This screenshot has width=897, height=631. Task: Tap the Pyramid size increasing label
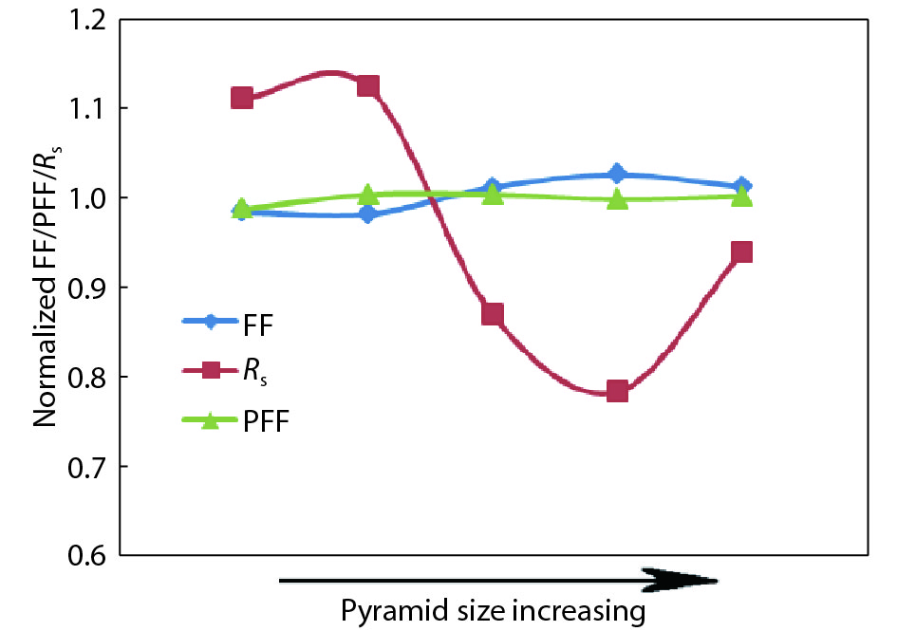click(x=493, y=610)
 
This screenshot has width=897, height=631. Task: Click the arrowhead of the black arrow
click(x=683, y=579)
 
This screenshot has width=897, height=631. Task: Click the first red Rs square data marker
click(x=242, y=98)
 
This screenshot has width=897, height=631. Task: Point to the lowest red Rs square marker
click(x=617, y=391)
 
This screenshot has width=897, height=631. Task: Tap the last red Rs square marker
click(x=741, y=251)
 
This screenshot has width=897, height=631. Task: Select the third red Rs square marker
click(x=492, y=314)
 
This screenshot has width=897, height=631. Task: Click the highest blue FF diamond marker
click(x=617, y=174)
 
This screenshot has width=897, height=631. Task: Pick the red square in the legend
click(x=211, y=370)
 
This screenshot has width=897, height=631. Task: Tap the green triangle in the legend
click(x=211, y=419)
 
